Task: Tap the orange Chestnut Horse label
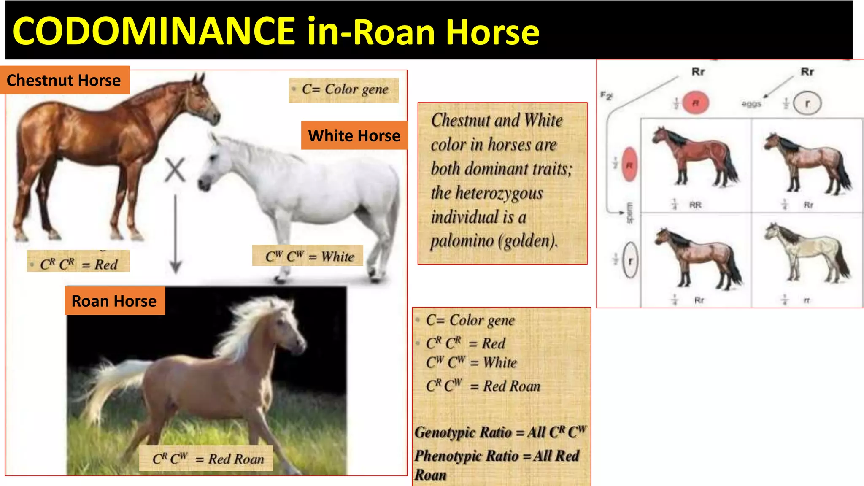tap(64, 80)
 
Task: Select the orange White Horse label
tap(354, 136)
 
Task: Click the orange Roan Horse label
tap(114, 301)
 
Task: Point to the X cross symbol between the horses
tap(175, 170)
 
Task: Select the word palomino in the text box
tap(462, 241)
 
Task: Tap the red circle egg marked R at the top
tap(696, 103)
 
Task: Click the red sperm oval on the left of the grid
tap(629, 164)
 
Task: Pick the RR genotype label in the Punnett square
tap(695, 205)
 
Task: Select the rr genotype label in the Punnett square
tap(806, 301)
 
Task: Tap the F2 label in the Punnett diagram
tap(606, 96)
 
